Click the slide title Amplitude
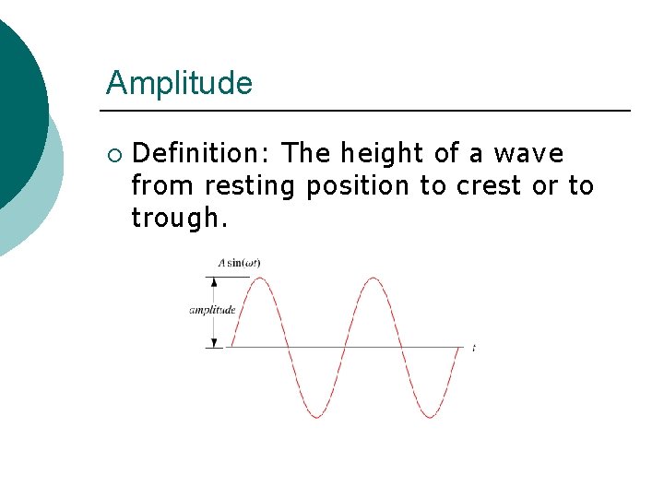coord(179,83)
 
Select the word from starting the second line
coord(163,186)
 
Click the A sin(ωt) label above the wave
coord(239,263)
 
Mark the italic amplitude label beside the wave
coord(212,310)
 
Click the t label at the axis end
coord(473,348)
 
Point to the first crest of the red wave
coord(259,277)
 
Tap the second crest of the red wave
coord(373,277)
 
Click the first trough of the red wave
coord(316,418)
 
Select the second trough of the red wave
coord(431,418)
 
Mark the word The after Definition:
coord(307,153)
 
